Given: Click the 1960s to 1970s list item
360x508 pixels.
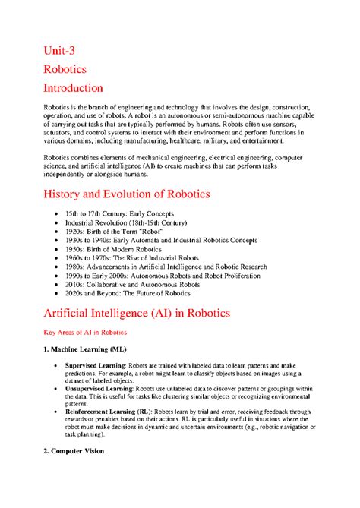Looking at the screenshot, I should [x=129, y=257].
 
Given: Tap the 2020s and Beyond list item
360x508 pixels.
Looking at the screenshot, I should [x=125, y=292].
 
